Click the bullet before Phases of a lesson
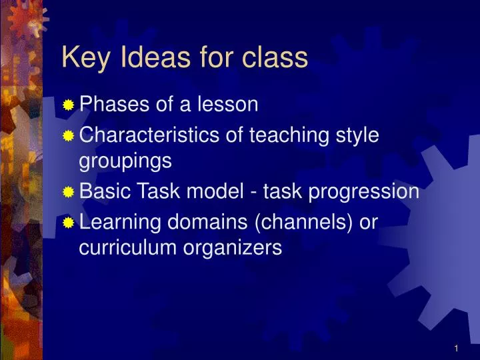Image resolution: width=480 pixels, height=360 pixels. click(69, 105)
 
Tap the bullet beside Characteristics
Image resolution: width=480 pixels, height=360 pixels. click(69, 136)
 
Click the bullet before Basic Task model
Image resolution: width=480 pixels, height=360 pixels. click(69, 193)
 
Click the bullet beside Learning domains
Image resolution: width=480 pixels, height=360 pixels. click(69, 223)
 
